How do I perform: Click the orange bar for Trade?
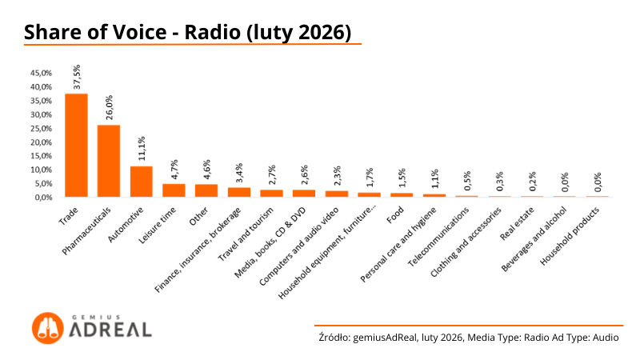click(x=76, y=146)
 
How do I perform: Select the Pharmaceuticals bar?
click(x=109, y=161)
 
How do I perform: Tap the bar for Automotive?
click(x=142, y=182)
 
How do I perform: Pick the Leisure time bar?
click(x=174, y=190)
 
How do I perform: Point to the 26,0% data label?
click(x=110, y=107)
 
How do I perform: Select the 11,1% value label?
click(x=142, y=149)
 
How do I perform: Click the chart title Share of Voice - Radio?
click(x=187, y=33)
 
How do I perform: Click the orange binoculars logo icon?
click(x=47, y=326)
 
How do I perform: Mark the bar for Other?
click(x=206, y=190)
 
